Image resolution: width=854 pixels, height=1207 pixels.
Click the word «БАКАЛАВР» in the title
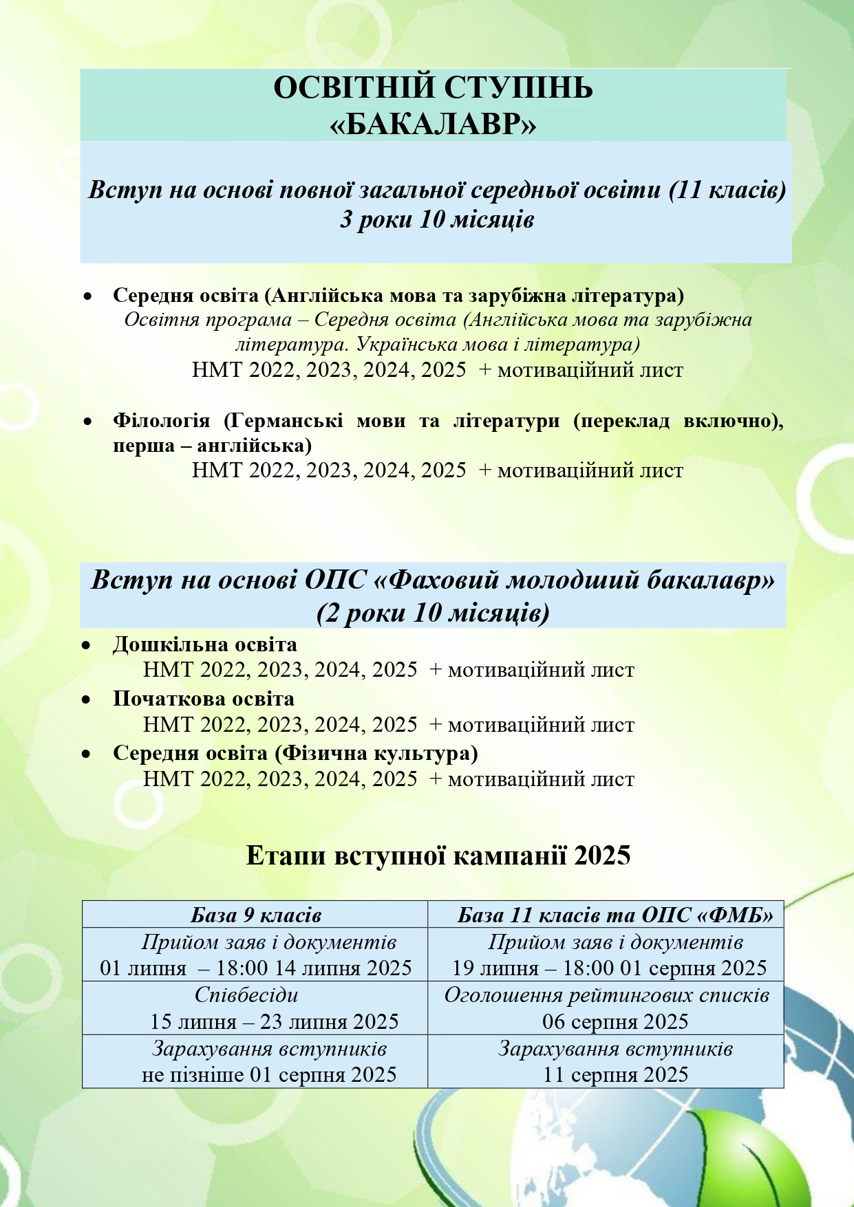click(x=434, y=124)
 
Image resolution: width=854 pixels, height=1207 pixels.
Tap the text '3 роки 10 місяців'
click(x=437, y=220)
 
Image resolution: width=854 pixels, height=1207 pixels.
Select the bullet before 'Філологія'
click(x=87, y=420)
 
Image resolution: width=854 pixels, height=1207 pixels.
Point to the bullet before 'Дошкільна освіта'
click(x=86, y=646)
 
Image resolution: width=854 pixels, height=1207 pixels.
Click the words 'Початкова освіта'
click(x=204, y=699)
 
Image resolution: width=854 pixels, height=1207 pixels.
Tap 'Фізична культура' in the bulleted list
click(x=376, y=753)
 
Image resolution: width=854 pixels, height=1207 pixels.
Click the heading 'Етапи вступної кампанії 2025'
click(x=438, y=856)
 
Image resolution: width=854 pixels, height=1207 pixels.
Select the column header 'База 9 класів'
click(x=256, y=915)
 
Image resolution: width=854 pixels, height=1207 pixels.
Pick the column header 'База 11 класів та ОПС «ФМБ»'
click(x=615, y=915)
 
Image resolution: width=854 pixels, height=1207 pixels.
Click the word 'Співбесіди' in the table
click(x=246, y=995)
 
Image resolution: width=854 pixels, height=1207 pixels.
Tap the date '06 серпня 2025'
click(x=615, y=1022)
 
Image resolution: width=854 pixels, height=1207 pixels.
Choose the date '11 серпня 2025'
click(x=615, y=1075)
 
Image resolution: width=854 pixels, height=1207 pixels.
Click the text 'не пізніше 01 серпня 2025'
click(x=269, y=1075)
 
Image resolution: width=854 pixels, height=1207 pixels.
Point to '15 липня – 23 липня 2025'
click(x=274, y=1022)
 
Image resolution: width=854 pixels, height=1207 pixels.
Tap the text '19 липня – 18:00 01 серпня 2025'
click(x=609, y=969)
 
